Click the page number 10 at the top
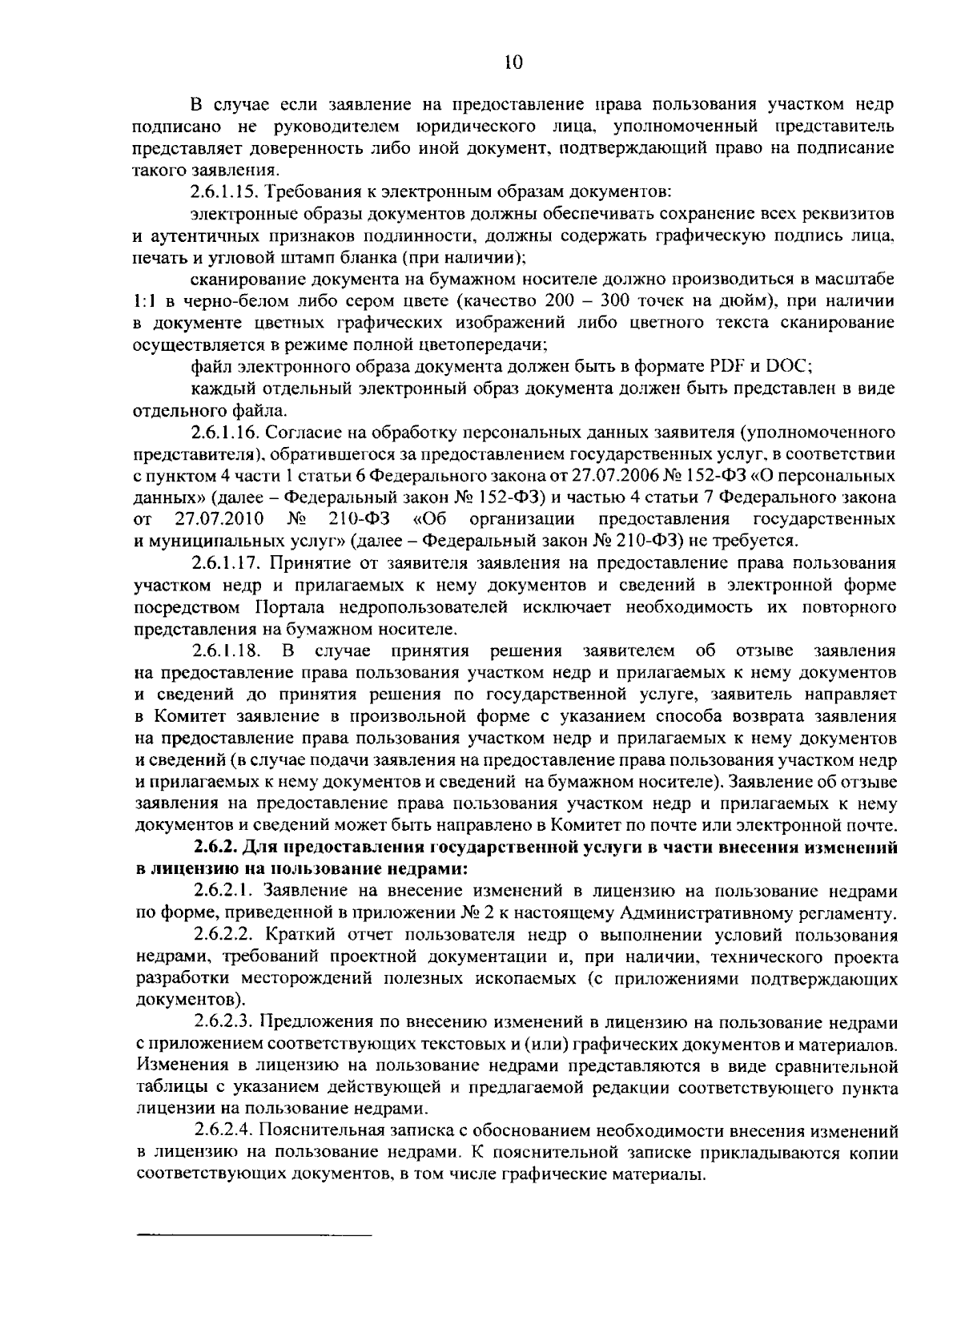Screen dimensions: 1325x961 coord(513,63)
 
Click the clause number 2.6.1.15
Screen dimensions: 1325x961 coord(225,192)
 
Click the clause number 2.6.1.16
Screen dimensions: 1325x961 coord(225,433)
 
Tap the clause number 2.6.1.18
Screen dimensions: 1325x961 coord(225,650)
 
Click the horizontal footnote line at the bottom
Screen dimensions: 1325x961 coord(255,1234)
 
